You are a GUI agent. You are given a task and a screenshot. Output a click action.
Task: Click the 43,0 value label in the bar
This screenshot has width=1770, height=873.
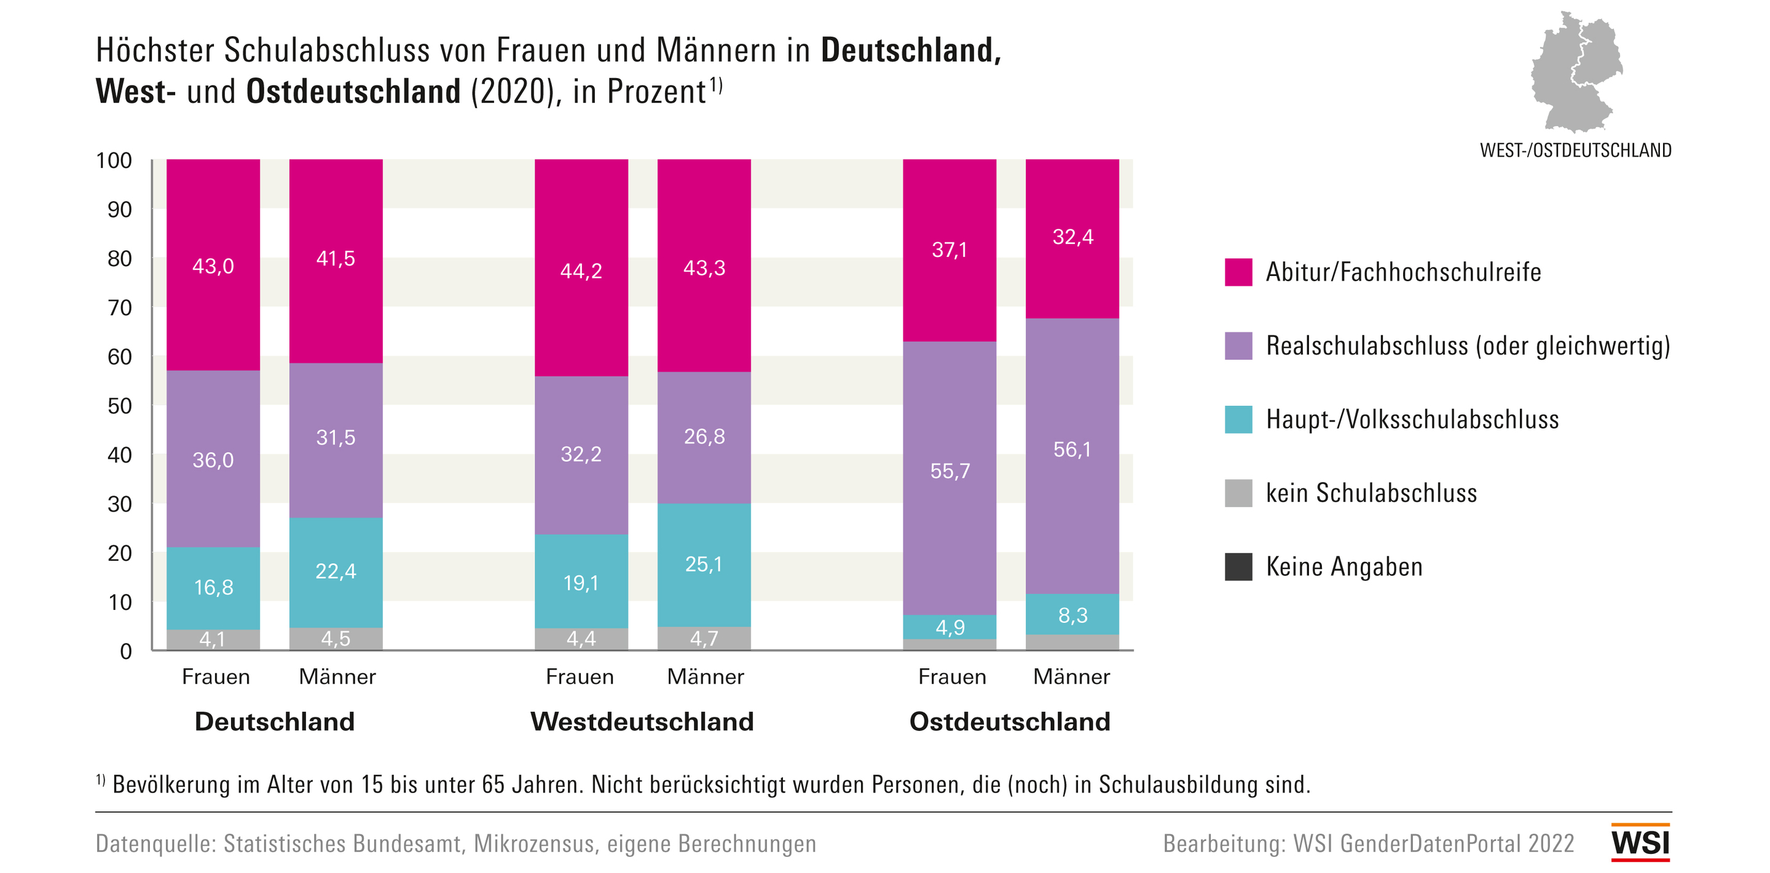tap(213, 266)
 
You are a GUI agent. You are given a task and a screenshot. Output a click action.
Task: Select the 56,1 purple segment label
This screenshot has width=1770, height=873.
tap(1072, 449)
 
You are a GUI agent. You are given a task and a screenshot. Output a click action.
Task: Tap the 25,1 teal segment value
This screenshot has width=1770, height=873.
tap(704, 564)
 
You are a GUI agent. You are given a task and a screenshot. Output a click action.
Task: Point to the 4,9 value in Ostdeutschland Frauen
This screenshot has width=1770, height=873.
tap(950, 627)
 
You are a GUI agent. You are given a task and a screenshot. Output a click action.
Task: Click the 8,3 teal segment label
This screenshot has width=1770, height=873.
tap(1072, 615)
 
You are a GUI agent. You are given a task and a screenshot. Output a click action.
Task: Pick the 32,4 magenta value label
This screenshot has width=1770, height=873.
tap(1072, 237)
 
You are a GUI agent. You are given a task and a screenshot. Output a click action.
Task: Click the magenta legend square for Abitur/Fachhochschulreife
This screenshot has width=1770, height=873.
tap(1238, 272)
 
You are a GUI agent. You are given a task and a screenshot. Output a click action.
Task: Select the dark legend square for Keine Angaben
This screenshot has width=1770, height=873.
tap(1238, 566)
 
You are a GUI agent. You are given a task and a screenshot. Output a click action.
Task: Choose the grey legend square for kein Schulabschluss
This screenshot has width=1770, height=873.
tap(1238, 493)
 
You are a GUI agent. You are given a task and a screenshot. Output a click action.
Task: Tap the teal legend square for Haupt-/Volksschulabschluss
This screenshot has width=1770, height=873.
tap(1238, 419)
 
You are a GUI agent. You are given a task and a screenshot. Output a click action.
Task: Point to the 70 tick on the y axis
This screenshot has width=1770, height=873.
tap(120, 307)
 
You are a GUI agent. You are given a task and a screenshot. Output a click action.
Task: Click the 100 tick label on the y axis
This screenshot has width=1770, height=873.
tap(114, 160)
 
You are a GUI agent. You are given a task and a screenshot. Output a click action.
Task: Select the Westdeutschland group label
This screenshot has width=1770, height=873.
tap(642, 722)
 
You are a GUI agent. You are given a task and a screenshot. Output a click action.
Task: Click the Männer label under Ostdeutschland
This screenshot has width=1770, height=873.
tap(1071, 677)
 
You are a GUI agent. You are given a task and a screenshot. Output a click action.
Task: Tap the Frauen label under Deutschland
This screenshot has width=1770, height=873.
tap(216, 677)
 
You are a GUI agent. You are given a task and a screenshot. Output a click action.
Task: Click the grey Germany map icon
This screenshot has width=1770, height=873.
tap(1576, 72)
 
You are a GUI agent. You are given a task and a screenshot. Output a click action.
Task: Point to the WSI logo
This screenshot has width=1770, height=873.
tap(1640, 843)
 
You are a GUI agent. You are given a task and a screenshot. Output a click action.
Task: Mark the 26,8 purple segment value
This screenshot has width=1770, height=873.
tap(704, 436)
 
